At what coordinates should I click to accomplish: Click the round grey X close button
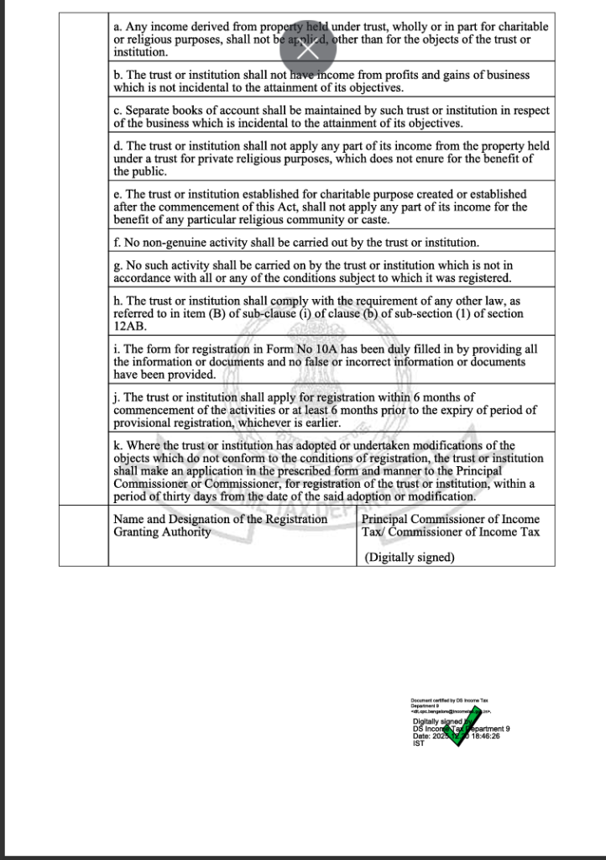click(309, 48)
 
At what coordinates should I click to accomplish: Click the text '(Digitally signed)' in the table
click(410, 557)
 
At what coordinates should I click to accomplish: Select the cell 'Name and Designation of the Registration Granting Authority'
click(221, 526)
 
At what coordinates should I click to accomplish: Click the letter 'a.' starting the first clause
click(118, 27)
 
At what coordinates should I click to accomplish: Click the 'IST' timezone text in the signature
click(418, 743)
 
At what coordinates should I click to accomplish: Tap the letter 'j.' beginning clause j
click(118, 397)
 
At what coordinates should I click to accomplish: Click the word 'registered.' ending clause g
click(482, 278)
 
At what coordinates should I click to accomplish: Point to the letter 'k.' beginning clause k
click(118, 445)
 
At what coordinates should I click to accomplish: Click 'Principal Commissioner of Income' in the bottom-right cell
click(450, 519)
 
